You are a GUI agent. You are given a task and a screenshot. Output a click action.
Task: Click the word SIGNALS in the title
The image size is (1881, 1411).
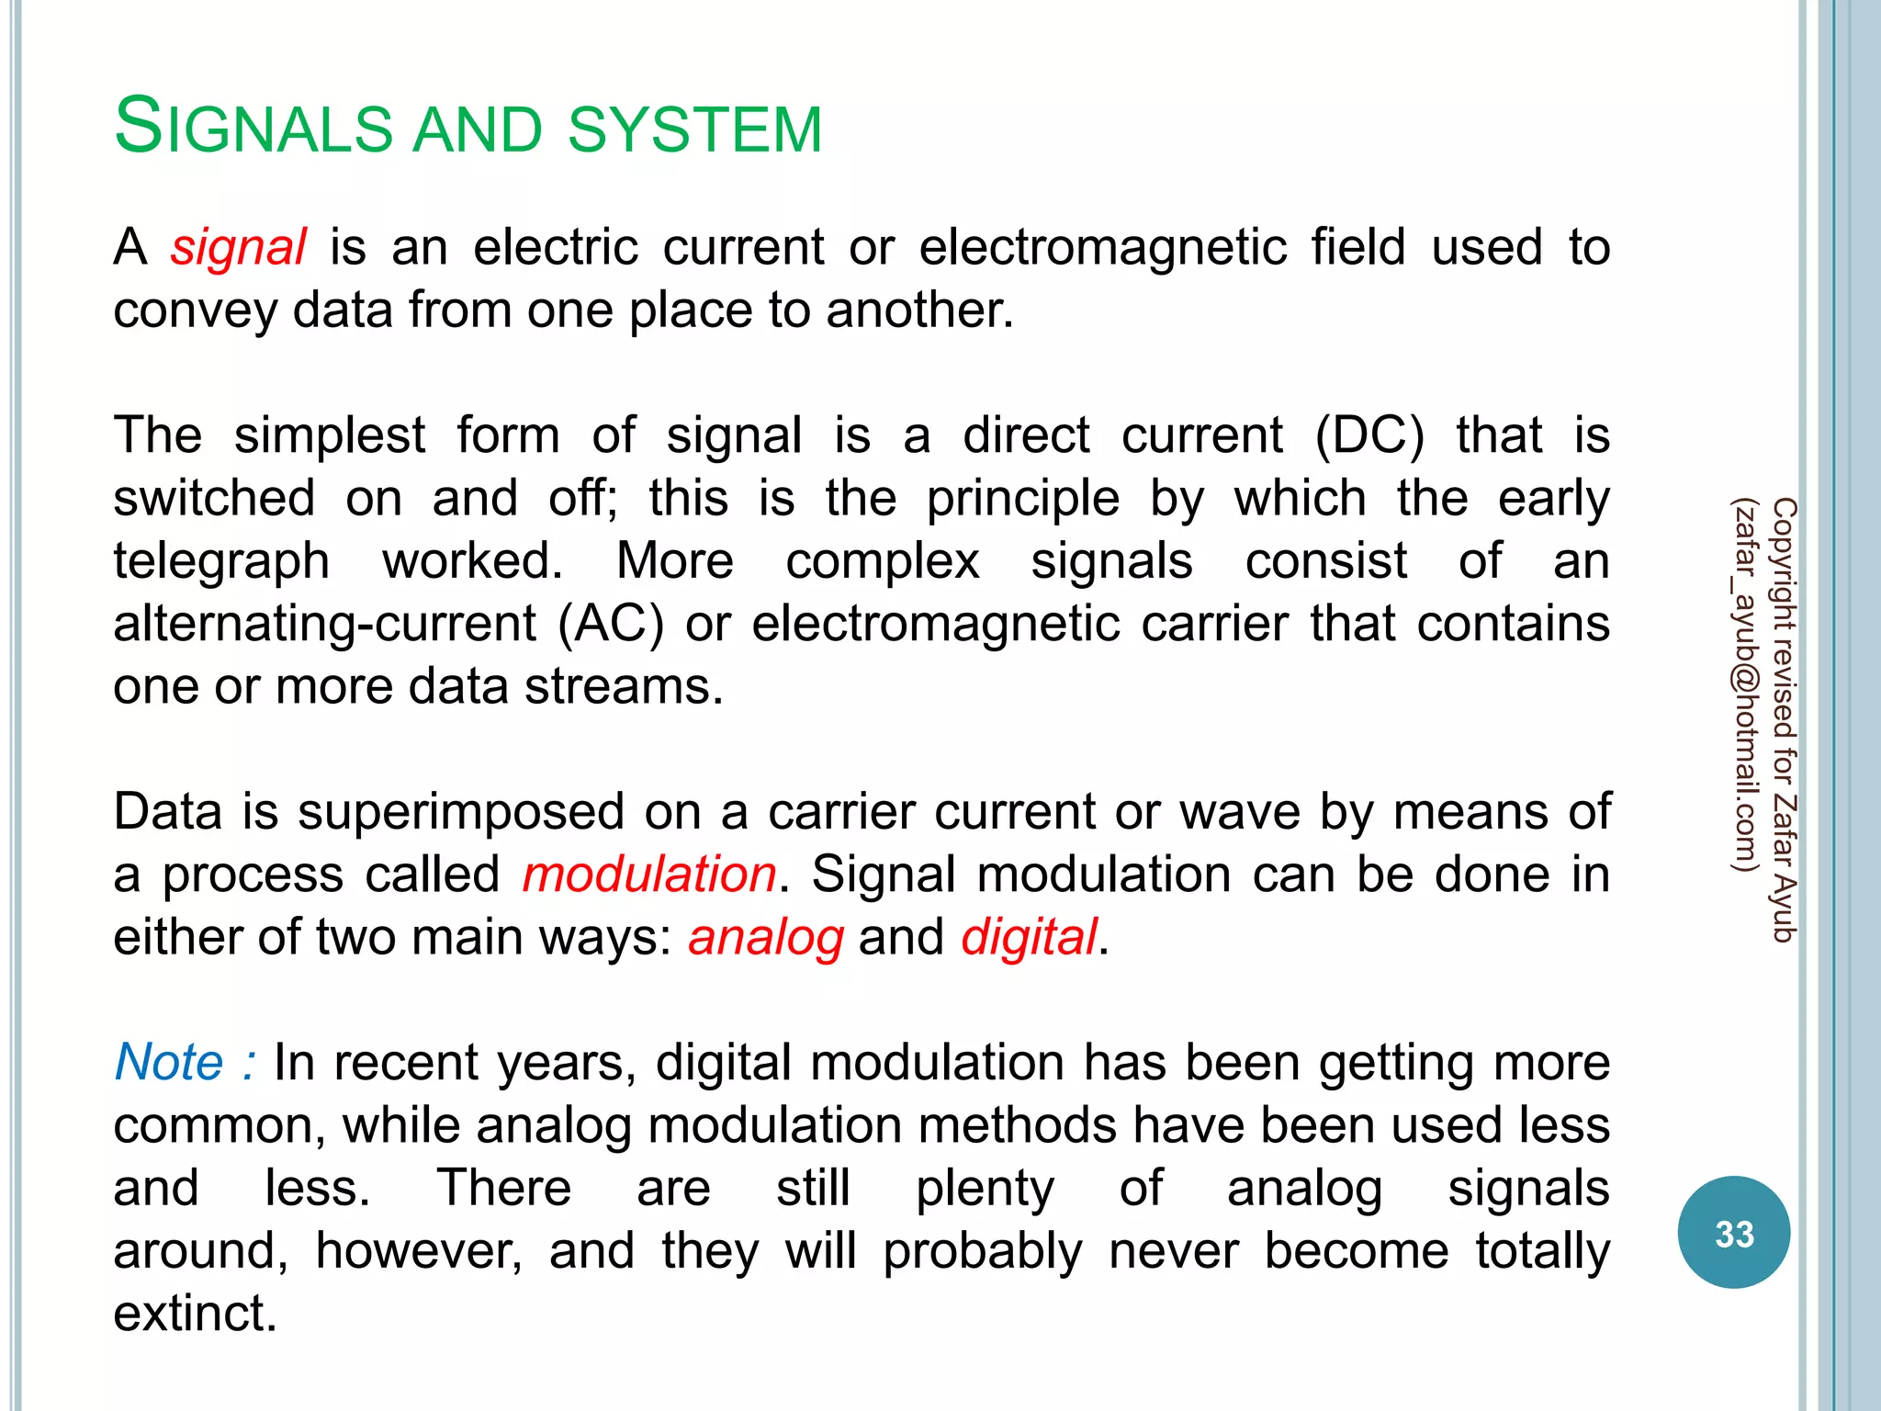253,128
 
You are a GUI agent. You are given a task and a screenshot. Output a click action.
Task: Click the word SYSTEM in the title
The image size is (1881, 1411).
694,130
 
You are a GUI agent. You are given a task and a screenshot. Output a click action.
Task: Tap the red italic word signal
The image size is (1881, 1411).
238,248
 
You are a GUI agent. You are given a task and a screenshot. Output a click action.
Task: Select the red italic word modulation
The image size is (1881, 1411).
649,874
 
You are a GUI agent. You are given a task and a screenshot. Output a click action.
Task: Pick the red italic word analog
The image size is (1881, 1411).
766,938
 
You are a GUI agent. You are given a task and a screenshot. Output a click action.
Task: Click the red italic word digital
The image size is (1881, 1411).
1029,937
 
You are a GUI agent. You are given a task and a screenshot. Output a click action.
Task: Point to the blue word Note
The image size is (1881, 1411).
169,1063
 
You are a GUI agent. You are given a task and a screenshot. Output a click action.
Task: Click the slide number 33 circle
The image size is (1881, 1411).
1733,1233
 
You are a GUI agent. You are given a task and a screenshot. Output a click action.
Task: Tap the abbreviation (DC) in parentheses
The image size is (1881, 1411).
1369,435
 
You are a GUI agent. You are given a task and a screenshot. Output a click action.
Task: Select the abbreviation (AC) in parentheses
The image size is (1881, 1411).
610,625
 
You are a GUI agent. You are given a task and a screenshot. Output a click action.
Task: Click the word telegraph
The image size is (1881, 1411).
221,562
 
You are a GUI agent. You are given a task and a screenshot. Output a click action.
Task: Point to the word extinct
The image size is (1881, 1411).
195,1314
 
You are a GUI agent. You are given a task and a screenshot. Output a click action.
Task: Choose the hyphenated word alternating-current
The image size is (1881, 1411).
324,625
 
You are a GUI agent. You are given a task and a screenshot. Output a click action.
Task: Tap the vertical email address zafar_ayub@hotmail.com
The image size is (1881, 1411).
1744,684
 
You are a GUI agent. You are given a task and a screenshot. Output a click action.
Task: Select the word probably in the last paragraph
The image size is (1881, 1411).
983,1251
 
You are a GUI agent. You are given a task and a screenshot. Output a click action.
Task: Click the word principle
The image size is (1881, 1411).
1022,500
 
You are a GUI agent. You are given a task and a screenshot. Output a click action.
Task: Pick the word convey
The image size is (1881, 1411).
195,311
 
